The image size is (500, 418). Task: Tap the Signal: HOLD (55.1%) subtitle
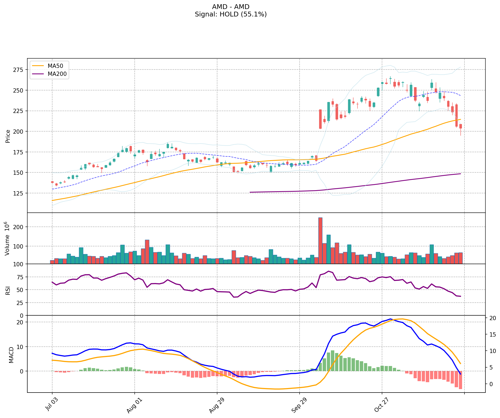[x=231, y=14]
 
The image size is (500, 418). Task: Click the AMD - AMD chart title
[x=231, y=7]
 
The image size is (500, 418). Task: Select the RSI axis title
[x=8, y=290]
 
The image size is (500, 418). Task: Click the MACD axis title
[x=11, y=355]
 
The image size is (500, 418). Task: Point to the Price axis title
[x=8, y=136]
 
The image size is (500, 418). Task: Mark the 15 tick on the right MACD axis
[x=493, y=334]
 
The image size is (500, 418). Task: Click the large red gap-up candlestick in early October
[x=320, y=119]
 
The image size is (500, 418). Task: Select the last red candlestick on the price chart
[x=460, y=126]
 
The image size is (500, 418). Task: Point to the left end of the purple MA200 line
[x=250, y=192]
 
